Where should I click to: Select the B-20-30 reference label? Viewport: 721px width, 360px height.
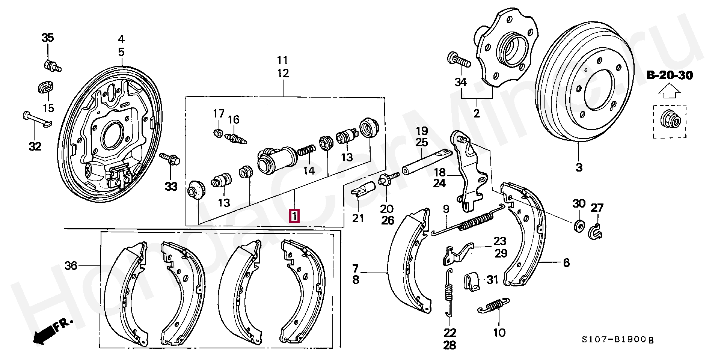coord(670,75)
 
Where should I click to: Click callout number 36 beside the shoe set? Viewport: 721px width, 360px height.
coord(71,266)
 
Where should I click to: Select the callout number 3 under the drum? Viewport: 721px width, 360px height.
coord(579,167)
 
